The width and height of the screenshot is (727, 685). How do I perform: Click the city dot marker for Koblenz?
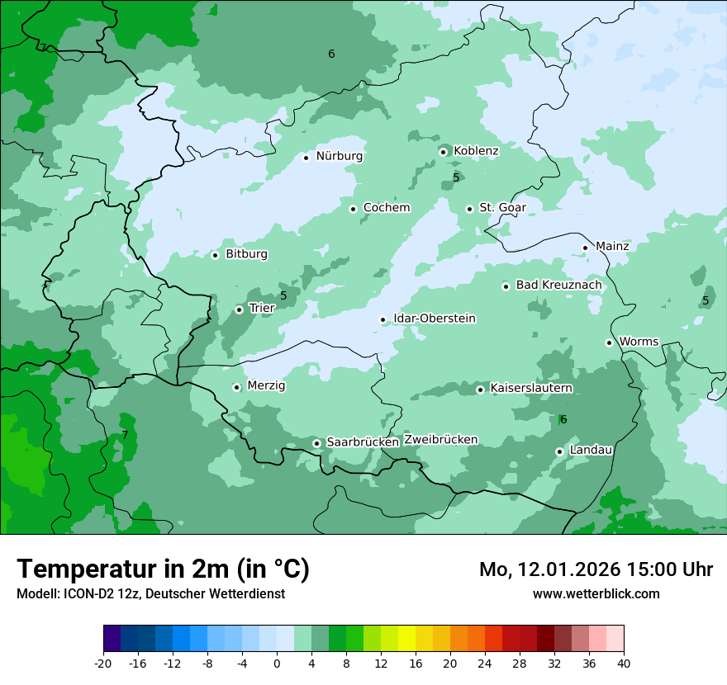click(x=444, y=151)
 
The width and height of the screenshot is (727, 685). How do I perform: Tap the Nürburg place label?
click(x=339, y=156)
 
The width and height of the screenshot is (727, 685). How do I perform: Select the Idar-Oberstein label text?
click(x=434, y=319)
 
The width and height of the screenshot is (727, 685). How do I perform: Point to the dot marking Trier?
click(x=239, y=309)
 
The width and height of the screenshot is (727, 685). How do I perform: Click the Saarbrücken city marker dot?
click(x=316, y=443)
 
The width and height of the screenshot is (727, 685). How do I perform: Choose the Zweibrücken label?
click(x=440, y=440)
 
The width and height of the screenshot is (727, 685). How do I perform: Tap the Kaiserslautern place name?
click(x=531, y=388)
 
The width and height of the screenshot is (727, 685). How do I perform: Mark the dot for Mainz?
click(x=585, y=248)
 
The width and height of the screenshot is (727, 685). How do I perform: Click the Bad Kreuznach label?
click(x=558, y=286)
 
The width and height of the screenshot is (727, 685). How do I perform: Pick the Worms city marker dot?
click(x=609, y=342)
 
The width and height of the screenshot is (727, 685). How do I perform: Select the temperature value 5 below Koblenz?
click(x=456, y=177)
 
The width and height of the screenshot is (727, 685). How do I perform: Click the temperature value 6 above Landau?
click(x=563, y=419)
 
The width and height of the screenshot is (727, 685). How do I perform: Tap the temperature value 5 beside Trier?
click(x=283, y=295)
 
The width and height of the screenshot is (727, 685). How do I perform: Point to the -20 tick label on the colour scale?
click(x=102, y=664)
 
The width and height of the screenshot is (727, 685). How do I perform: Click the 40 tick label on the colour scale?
click(x=623, y=664)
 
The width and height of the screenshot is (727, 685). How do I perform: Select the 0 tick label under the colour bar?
click(x=277, y=664)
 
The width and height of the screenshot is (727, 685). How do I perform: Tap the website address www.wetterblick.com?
click(x=596, y=593)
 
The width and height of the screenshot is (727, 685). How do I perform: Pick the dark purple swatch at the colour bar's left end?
click(x=112, y=639)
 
